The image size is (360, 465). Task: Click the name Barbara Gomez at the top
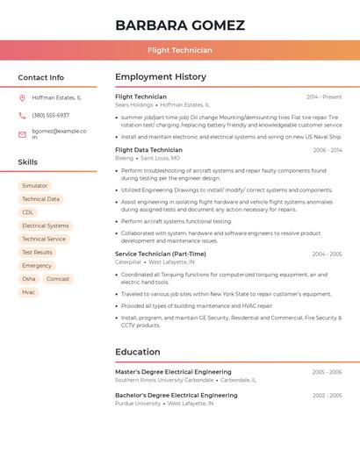tap(179, 25)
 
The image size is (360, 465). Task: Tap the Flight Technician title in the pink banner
tap(179, 50)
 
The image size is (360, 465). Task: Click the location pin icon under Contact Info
tap(22, 97)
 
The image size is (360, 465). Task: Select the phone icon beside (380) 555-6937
tap(22, 115)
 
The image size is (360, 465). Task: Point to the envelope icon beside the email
tap(22, 134)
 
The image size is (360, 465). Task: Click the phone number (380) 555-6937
tap(50, 115)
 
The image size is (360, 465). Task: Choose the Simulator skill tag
tap(35, 186)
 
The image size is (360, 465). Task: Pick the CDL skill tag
tap(28, 212)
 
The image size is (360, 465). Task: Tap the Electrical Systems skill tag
tap(46, 225)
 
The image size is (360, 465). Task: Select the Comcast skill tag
tap(58, 279)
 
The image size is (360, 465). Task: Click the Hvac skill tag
tap(29, 292)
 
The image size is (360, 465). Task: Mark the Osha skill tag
tap(29, 279)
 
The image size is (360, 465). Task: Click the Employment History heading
tap(161, 77)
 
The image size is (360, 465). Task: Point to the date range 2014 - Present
tap(324, 97)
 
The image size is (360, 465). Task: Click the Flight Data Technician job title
tap(148, 150)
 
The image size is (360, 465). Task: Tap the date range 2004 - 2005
tap(327, 254)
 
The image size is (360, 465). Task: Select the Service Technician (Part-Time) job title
tap(161, 254)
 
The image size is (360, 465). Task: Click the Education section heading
tap(138, 352)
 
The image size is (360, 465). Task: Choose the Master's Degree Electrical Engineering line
tap(173, 372)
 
